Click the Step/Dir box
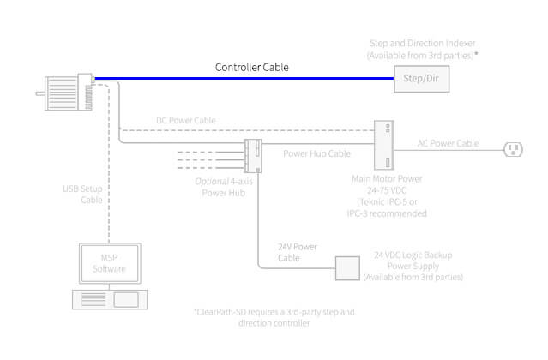pyautogui.click(x=419, y=79)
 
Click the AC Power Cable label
pyautogui.click(x=448, y=143)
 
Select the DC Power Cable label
pyautogui.click(x=185, y=121)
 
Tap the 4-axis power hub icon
pyautogui.click(x=254, y=154)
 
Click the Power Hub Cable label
pyautogui.click(x=316, y=154)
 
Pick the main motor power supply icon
pyautogui.click(x=382, y=145)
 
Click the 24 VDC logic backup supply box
pyautogui.click(x=346, y=267)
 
